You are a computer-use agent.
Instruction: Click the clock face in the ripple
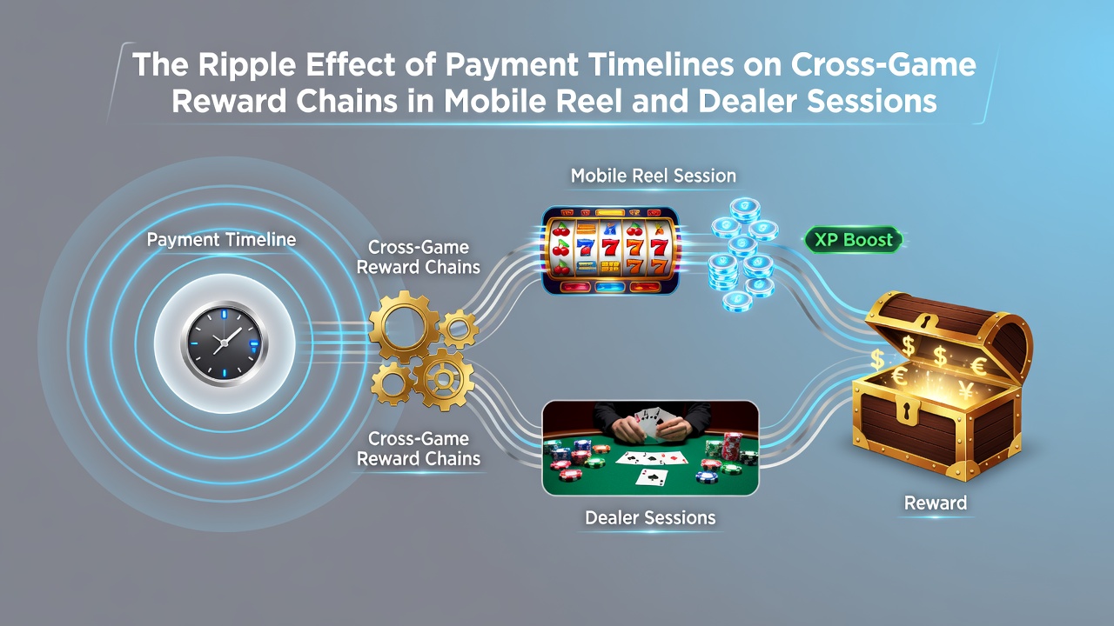(x=225, y=343)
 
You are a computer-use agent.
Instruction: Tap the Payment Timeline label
(x=221, y=239)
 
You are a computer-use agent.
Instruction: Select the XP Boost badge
(x=854, y=240)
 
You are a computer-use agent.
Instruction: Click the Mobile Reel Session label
(x=654, y=176)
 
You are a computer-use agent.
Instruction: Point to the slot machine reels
(x=610, y=250)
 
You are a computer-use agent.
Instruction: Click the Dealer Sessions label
(x=650, y=517)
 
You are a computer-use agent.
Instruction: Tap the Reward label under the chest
(x=936, y=503)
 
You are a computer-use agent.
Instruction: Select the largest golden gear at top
(x=405, y=326)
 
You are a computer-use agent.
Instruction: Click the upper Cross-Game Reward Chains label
(x=419, y=257)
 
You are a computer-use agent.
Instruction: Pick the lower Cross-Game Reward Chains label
(x=419, y=449)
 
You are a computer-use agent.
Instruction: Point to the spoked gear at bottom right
(x=443, y=380)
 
